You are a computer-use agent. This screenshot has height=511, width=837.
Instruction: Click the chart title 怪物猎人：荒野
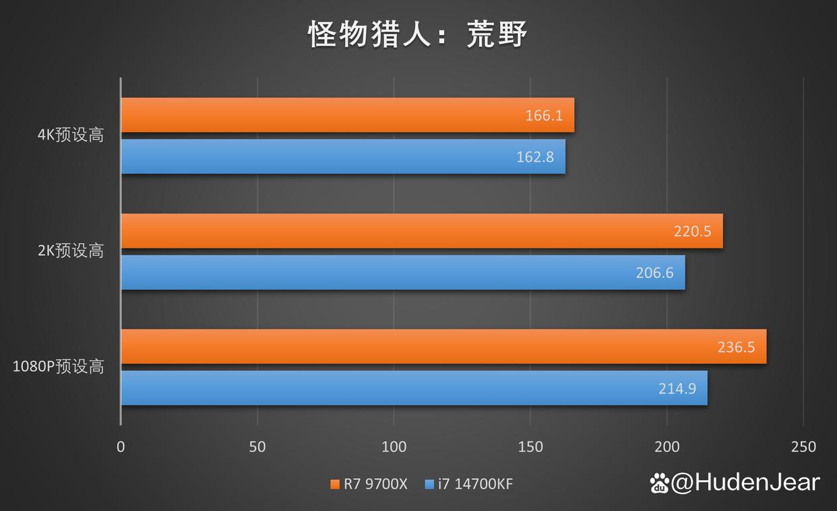pyautogui.click(x=418, y=34)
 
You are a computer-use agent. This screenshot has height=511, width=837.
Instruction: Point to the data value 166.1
pyautogui.click(x=544, y=115)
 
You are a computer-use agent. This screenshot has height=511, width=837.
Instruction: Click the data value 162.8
pyautogui.click(x=535, y=157)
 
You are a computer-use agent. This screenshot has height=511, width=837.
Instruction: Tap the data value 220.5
pyautogui.click(x=692, y=231)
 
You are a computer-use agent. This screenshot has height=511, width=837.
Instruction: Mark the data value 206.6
pyautogui.click(x=654, y=273)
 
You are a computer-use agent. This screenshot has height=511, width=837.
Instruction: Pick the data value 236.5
pyautogui.click(x=736, y=347)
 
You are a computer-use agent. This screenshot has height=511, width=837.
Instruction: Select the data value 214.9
pyautogui.click(x=677, y=388)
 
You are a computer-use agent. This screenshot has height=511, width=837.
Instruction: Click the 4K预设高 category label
pyautogui.click(x=71, y=135)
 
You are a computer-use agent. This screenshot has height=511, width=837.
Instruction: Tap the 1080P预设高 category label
pyautogui.click(x=59, y=367)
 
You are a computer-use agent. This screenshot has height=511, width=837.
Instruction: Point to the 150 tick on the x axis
pyautogui.click(x=530, y=446)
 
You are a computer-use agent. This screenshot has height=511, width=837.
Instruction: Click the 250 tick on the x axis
pyautogui.click(x=803, y=446)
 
